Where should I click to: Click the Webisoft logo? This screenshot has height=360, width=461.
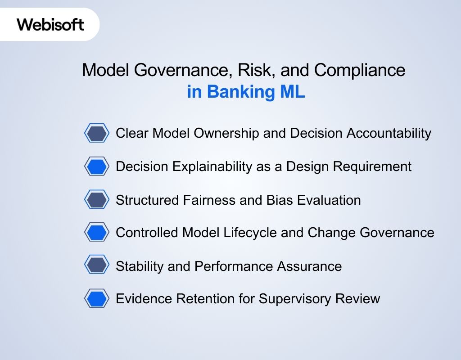tap(50, 24)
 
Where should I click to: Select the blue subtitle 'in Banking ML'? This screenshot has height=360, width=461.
tap(246, 92)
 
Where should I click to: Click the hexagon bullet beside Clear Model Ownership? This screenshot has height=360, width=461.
tap(97, 133)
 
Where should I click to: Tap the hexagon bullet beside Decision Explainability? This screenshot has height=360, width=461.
tap(97, 166)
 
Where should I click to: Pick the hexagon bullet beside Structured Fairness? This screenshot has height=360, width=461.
tap(97, 200)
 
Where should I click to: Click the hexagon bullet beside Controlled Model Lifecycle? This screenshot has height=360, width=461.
tap(97, 233)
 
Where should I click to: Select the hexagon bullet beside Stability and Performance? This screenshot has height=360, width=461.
tap(97, 265)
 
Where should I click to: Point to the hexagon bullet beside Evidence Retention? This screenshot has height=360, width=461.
tap(97, 299)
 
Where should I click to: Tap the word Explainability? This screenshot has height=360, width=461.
tap(208, 166)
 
